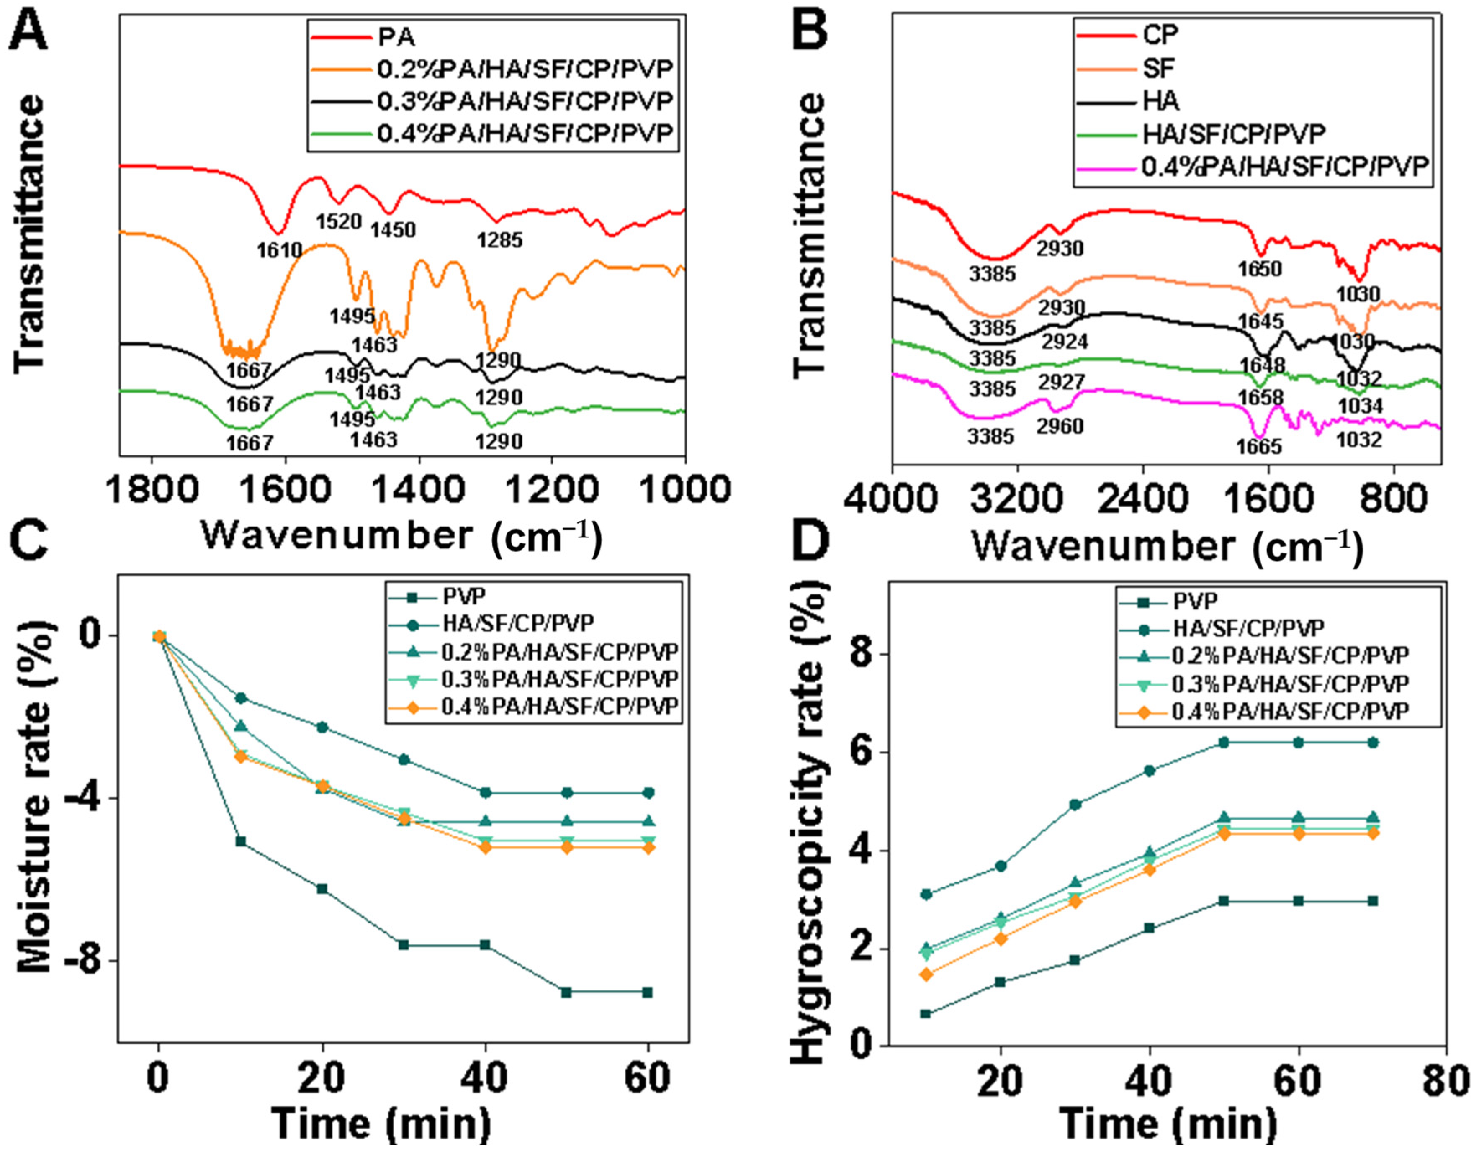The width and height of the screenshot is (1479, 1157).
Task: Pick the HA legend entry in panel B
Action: (x=1160, y=100)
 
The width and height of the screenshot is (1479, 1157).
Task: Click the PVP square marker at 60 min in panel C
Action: (x=648, y=992)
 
